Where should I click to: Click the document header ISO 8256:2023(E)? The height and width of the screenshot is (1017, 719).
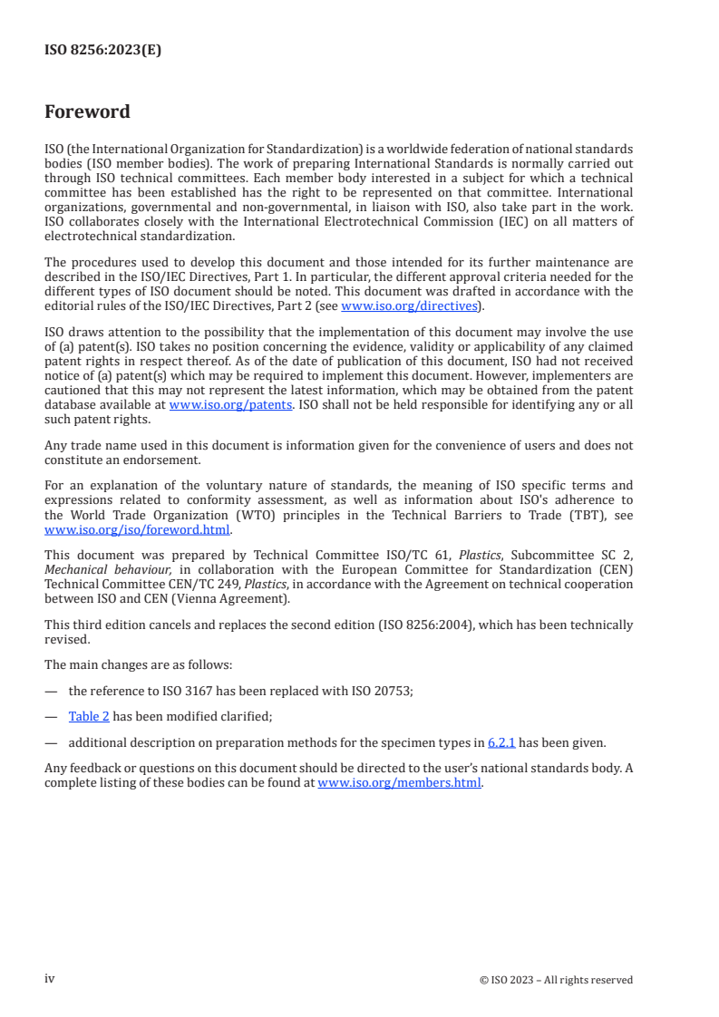(102, 51)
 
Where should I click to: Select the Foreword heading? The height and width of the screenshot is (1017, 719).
(87, 112)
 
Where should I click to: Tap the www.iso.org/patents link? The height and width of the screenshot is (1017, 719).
(230, 405)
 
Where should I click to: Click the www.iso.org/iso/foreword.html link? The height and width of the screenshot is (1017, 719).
(138, 530)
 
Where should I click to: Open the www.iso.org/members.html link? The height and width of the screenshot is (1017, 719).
(399, 783)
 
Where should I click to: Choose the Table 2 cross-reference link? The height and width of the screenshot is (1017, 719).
(89, 716)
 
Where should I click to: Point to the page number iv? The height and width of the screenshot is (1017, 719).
(50, 979)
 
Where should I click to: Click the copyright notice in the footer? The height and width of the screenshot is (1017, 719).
(556, 980)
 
